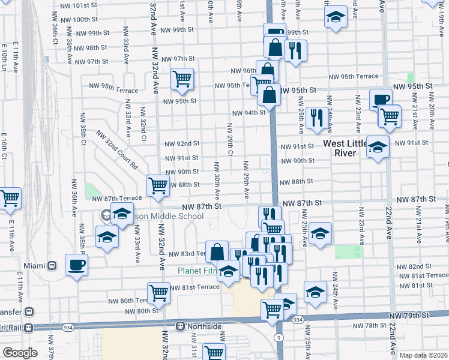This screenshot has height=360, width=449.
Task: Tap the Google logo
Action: tap(20, 353)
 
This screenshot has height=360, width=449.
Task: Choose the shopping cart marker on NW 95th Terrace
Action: tap(182, 79)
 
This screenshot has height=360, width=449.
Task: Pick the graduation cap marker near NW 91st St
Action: tap(378, 146)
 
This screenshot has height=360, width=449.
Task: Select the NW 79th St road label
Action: tap(411, 316)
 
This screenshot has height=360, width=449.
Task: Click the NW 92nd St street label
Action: tap(182, 144)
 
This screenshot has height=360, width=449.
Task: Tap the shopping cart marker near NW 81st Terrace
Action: tap(159, 293)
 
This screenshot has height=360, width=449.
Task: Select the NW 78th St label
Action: tap(368, 325)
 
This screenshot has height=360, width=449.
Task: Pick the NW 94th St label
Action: tap(249, 113)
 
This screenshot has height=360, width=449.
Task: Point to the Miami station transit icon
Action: tap(52, 265)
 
